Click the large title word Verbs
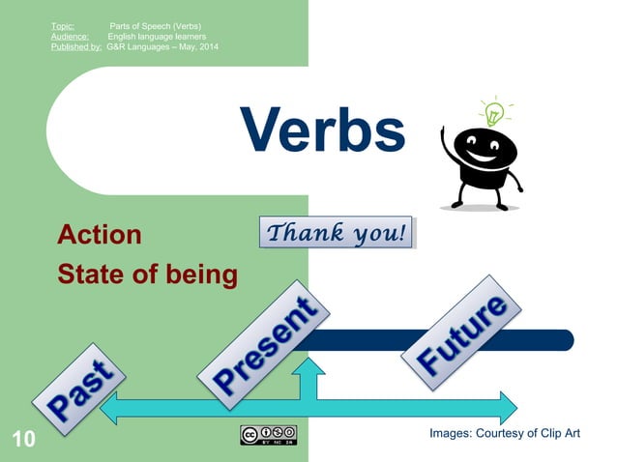pyautogui.click(x=322, y=130)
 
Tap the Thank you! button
pyautogui.click(x=337, y=233)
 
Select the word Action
pyautogui.click(x=100, y=235)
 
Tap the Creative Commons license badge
pyautogui.click(x=269, y=434)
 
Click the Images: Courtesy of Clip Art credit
pyautogui.click(x=504, y=433)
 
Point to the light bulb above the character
pyautogui.click(x=493, y=113)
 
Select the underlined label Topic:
pyautogui.click(x=63, y=24)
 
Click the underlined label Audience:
pyautogui.click(x=70, y=36)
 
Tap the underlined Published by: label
pyautogui.click(x=76, y=47)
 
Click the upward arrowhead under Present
pyautogui.click(x=309, y=368)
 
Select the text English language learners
pyautogui.click(x=156, y=36)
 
